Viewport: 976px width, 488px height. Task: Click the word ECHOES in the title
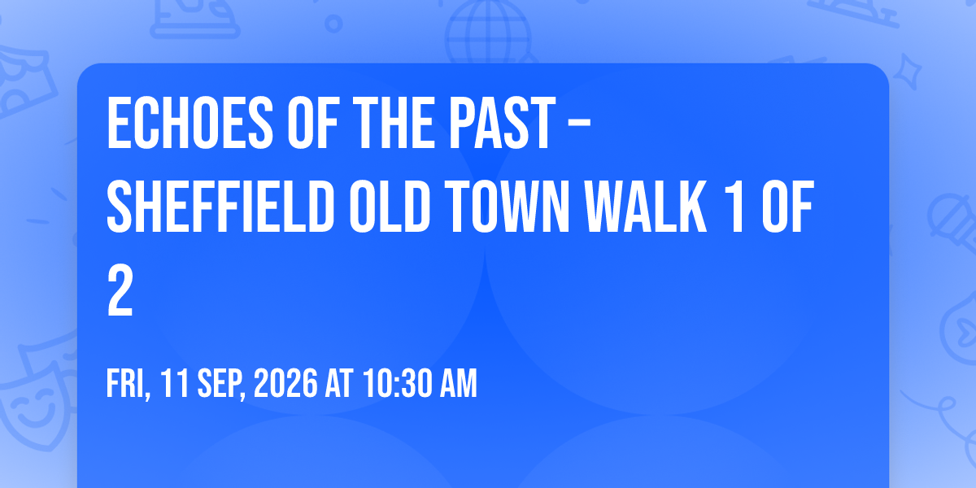coord(190,124)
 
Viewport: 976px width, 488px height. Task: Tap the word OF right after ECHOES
coord(313,124)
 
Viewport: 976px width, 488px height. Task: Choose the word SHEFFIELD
coord(221,207)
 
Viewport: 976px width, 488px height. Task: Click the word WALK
coord(645,207)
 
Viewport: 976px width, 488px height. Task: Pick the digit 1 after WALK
coord(735,207)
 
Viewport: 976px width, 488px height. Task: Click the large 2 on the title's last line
coord(120,291)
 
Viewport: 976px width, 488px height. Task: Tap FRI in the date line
coord(129,383)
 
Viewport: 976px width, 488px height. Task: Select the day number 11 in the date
coord(174,383)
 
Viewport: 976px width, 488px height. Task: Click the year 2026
coord(285,383)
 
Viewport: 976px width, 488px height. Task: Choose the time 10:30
coord(397,383)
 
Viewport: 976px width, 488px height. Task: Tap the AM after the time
coord(459,383)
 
